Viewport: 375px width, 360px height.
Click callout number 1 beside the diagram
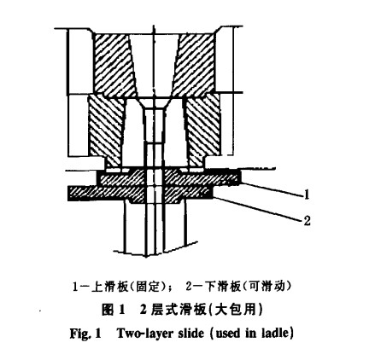pos(307,195)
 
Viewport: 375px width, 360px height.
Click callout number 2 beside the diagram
pos(307,221)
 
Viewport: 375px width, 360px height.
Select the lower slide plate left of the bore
pos(106,194)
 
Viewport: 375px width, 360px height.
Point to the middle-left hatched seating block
pos(106,131)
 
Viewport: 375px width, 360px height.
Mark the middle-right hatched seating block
pos(202,131)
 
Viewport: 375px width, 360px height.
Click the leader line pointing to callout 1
pos(271,189)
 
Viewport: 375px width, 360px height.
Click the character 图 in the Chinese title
pos(108,310)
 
